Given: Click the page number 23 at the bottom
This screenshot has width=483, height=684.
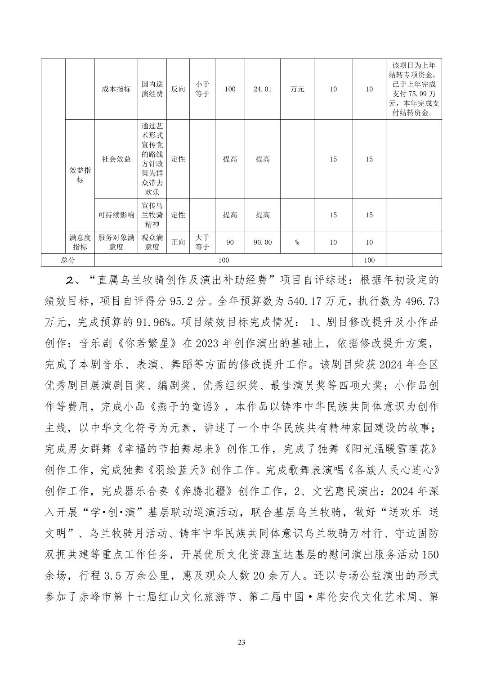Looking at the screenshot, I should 241,642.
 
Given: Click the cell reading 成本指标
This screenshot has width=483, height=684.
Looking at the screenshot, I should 116,89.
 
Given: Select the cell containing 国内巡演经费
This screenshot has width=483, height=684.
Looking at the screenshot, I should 152,89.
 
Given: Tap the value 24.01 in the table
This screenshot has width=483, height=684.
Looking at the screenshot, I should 262,89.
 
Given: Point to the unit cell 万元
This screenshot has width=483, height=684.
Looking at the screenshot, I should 297,89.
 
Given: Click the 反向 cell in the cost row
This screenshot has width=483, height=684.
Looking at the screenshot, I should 178,89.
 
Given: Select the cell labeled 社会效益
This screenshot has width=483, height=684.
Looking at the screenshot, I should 116,159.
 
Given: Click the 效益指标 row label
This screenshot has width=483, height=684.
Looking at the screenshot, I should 80,175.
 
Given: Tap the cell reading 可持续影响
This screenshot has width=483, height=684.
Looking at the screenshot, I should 116,215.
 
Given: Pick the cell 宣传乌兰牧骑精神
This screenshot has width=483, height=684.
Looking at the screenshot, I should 152,215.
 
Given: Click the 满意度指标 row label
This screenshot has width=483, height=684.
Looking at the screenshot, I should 80,242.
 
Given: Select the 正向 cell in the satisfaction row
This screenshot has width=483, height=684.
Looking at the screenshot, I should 178,242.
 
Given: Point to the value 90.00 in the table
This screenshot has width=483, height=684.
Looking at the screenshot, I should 262,242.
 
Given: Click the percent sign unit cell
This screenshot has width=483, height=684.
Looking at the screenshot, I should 297,242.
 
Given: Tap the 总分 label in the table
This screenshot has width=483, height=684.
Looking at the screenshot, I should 68,260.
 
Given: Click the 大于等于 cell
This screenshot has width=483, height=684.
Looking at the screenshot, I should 202,242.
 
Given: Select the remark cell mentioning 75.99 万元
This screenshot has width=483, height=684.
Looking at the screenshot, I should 413,89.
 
